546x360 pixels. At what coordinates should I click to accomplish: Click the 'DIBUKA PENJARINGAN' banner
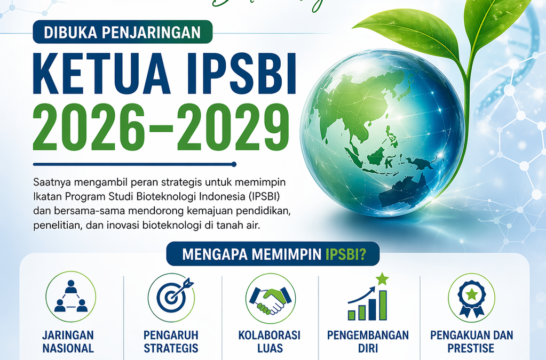(x=123, y=32)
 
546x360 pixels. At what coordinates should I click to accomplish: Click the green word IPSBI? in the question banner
(x=345, y=254)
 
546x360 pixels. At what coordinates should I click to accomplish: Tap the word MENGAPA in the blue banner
(x=209, y=254)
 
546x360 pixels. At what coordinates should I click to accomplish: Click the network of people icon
(x=70, y=297)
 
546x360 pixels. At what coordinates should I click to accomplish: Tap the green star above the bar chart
(x=382, y=278)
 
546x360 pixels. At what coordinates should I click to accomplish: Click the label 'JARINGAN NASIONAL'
(x=68, y=342)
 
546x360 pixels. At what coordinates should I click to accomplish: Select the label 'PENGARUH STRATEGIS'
(x=171, y=342)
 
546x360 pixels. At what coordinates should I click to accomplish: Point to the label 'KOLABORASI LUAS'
(x=270, y=342)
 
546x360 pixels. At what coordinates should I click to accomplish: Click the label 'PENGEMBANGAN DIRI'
(x=368, y=342)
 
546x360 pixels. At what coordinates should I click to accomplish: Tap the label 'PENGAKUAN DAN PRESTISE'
(x=471, y=342)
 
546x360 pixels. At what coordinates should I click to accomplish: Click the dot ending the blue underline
(x=234, y=164)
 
